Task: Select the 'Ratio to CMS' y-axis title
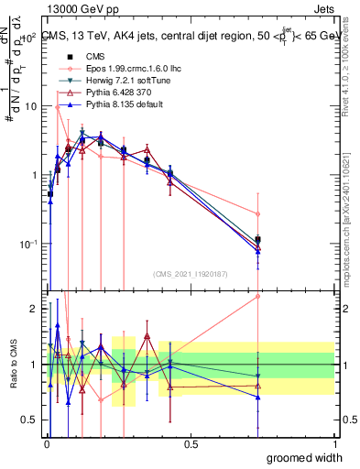coord(13,365)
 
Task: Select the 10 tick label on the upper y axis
coord(29,106)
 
